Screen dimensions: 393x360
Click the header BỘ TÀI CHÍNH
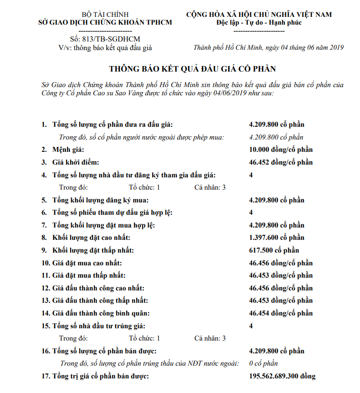point(105,15)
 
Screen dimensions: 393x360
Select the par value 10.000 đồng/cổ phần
point(281,150)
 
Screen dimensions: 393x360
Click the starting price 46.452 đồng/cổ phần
point(281,162)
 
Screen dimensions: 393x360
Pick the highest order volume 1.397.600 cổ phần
point(277,238)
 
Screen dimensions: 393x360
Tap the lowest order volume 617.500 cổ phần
point(274,250)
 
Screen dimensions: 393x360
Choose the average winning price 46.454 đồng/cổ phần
point(281,313)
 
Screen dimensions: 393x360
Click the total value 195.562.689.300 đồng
point(282,376)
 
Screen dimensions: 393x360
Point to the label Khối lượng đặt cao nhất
point(92,238)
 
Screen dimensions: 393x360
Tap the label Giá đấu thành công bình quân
point(101,313)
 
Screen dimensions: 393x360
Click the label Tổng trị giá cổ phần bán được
point(101,376)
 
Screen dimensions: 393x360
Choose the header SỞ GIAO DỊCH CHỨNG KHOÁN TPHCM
point(105,22)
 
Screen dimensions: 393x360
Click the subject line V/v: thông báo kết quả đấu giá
point(105,47)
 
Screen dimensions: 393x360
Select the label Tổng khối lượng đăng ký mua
point(101,200)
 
